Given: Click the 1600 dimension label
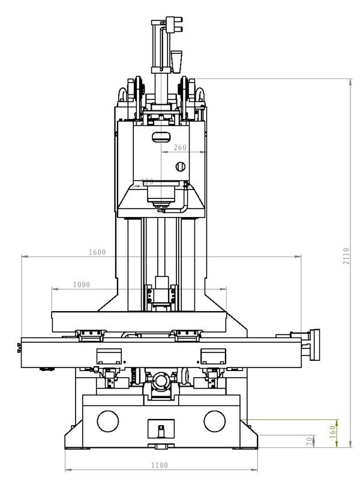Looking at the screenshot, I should tap(97, 252).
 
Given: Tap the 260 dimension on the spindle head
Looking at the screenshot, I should tap(180, 147).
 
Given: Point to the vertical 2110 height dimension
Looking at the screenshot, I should tap(347, 258).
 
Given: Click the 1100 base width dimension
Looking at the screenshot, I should tap(160, 465).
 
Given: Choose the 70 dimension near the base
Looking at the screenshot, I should tap(310, 440).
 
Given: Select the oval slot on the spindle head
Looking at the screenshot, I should tap(161, 137).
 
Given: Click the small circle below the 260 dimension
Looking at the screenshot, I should tap(178, 165).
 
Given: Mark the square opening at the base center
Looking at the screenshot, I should tap(160, 430).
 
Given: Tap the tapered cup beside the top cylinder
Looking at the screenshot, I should tap(177, 61).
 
